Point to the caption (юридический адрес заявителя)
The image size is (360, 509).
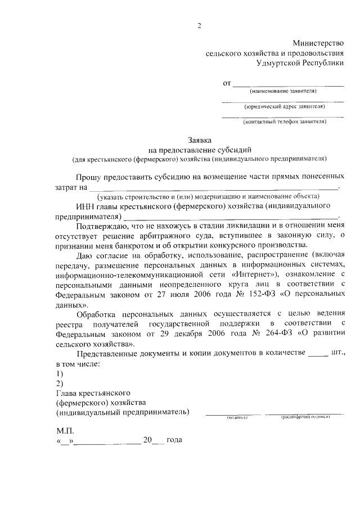[x=283, y=106]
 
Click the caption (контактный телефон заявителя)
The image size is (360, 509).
[x=283, y=121]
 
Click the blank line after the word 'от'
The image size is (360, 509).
[x=288, y=84]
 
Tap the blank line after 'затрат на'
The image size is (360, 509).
[x=214, y=187]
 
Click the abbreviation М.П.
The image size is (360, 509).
[x=65, y=431]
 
